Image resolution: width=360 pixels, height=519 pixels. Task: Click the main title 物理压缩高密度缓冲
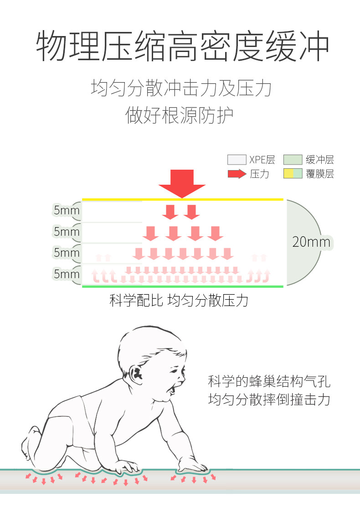click(182, 47)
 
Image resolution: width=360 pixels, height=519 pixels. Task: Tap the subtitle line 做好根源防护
click(180, 115)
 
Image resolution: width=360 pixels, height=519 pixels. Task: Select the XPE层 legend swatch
click(237, 160)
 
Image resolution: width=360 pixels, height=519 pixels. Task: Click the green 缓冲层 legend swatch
click(293, 160)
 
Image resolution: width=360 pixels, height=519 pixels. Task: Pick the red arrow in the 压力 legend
click(237, 174)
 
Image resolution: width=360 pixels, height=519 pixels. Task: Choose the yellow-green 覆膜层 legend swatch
click(293, 174)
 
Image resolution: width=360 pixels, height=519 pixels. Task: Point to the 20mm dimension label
click(311, 242)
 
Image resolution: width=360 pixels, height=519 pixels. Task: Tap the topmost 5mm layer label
click(67, 210)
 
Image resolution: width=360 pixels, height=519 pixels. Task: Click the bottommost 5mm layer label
click(67, 274)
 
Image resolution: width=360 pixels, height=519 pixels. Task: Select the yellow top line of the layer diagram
click(182, 199)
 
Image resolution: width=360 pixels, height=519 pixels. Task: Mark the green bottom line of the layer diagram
click(182, 286)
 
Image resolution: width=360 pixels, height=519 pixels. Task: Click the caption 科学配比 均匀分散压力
click(179, 301)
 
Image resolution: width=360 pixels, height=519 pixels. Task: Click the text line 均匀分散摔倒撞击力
click(269, 400)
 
